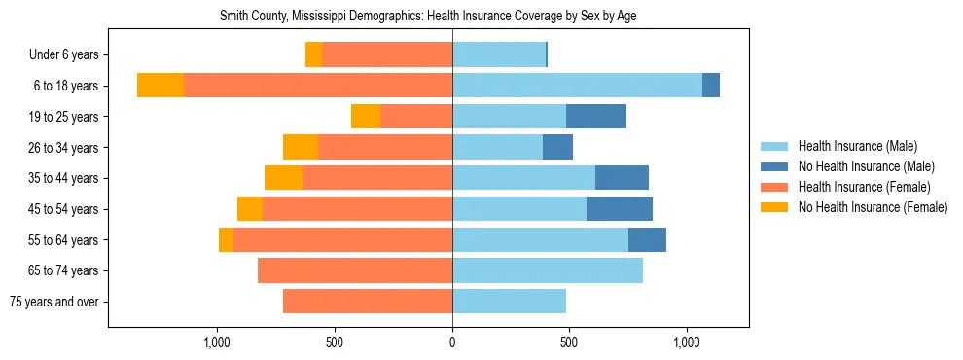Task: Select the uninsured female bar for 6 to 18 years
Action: (x=160, y=86)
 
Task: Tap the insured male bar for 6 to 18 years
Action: (x=577, y=86)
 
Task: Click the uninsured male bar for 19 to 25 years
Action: (x=595, y=117)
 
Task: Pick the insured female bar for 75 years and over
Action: (x=368, y=302)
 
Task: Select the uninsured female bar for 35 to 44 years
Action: (x=283, y=178)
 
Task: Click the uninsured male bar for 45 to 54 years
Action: (x=620, y=209)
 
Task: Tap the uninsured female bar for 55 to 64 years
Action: (x=226, y=240)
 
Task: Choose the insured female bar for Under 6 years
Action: (x=387, y=55)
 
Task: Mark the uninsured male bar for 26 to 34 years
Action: (x=557, y=148)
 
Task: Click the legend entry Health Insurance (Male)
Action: (x=857, y=146)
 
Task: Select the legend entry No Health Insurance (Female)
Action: (x=873, y=207)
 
